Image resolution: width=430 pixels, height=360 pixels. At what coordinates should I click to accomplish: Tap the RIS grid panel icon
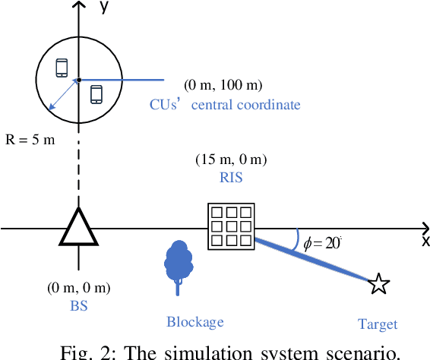231,226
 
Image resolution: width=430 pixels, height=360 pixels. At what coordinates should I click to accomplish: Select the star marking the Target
378,285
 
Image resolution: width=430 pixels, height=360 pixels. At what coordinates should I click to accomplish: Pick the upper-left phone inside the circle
62,68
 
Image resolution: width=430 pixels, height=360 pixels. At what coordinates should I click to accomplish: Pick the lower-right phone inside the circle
96,93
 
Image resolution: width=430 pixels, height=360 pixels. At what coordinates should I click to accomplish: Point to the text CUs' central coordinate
225,105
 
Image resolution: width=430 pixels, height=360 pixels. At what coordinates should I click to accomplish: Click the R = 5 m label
29,141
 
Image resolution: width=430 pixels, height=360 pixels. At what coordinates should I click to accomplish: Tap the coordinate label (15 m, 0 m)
231,160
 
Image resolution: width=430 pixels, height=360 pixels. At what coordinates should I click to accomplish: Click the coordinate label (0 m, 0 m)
78,288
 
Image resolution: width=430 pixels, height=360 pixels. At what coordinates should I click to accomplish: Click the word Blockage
195,322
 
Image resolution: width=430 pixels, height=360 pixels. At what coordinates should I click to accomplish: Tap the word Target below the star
378,324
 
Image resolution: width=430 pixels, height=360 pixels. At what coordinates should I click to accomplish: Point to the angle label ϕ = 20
322,243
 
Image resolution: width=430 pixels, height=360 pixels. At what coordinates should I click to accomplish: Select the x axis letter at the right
425,241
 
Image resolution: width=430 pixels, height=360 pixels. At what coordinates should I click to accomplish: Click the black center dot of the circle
78,79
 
